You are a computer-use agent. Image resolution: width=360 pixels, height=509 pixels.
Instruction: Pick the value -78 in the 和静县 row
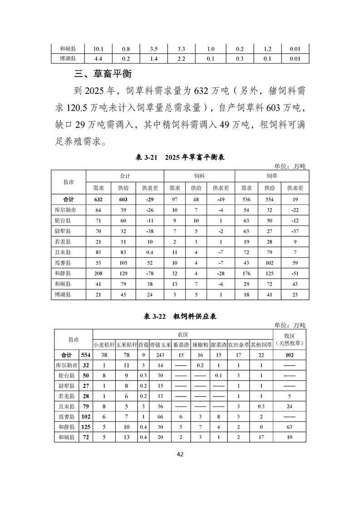click(148, 274)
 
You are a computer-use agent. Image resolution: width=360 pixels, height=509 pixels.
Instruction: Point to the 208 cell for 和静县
click(99, 274)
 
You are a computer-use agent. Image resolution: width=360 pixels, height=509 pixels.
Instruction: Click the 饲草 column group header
click(272, 176)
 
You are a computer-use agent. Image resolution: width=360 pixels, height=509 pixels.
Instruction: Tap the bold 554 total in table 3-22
click(86, 355)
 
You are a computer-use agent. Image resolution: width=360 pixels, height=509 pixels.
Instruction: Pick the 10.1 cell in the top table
click(99, 49)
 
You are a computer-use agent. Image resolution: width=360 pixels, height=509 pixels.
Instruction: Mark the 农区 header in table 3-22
click(182, 334)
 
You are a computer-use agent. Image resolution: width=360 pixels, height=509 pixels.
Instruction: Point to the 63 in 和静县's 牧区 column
click(290, 427)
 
